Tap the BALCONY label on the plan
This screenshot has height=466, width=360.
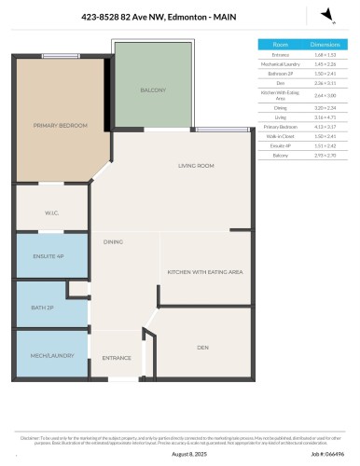pyautogui.click(x=153, y=90)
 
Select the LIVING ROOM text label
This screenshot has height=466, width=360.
pyautogui.click(x=197, y=166)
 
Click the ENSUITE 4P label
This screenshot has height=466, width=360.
pyautogui.click(x=52, y=255)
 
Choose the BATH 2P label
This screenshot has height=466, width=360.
pyautogui.click(x=52, y=304)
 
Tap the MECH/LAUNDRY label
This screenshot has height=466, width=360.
pyautogui.click(x=52, y=355)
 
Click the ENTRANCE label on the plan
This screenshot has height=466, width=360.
pyautogui.click(x=117, y=357)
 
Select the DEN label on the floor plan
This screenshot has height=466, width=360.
pyautogui.click(x=202, y=347)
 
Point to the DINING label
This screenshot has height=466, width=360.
pyautogui.click(x=114, y=241)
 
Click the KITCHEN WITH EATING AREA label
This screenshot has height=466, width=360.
pyautogui.click(x=205, y=271)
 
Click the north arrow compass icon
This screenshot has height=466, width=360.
pyautogui.click(x=325, y=13)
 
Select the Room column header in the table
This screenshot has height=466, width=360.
pyautogui.click(x=280, y=44)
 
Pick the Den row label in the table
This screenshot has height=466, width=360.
pyautogui.click(x=280, y=83)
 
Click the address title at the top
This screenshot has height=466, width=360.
pyautogui.click(x=180, y=16)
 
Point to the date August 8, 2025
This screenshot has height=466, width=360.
pyautogui.click(x=180, y=454)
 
